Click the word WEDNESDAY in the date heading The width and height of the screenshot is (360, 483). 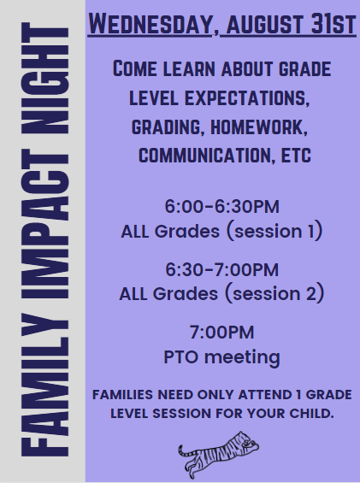click(151, 24)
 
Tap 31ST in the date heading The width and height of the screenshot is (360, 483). click(333, 24)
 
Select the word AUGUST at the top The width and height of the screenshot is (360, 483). click(265, 24)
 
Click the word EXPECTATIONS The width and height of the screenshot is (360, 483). click(246, 98)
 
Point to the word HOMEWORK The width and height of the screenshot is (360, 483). click(259, 127)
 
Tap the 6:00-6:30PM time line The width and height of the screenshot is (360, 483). click(222, 206)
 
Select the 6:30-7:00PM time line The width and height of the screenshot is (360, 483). click(222, 269)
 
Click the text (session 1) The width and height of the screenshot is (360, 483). click(274, 231)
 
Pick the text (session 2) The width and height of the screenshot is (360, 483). click(274, 293)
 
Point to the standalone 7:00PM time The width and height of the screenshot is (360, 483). click(222, 333)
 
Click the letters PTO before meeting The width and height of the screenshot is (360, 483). click(181, 357)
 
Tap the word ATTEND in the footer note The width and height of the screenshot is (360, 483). click(265, 395)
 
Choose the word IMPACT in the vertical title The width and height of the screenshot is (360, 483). click(45, 224)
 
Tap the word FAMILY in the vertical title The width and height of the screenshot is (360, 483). click(45, 385)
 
